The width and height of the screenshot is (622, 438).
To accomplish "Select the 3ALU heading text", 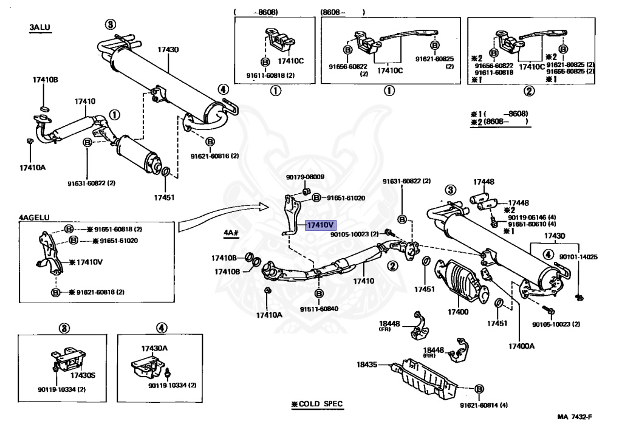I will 39,27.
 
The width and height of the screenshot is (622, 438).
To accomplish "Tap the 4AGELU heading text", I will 34,216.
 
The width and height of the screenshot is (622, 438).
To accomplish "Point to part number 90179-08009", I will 305,177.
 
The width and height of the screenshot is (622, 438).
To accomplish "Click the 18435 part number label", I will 367,364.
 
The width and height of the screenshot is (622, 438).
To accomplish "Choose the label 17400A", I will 521,346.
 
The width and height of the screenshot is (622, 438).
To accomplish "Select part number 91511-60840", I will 318,309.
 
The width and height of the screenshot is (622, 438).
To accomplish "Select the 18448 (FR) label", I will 389,326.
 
